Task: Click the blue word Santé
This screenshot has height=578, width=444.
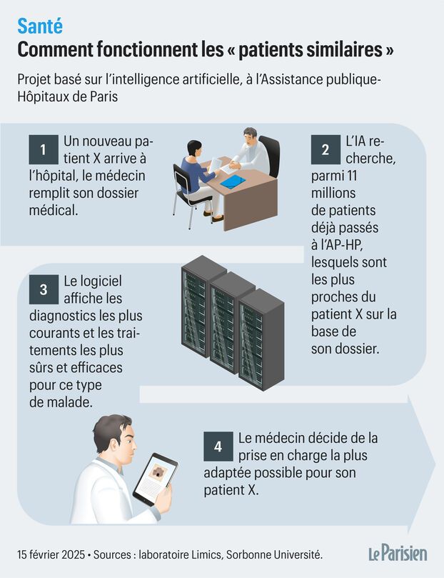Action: pos(40,26)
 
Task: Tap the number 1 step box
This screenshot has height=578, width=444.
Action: pos(44,149)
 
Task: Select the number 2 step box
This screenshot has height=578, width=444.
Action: pos(326,149)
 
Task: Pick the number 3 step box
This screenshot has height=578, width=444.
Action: pos(44,289)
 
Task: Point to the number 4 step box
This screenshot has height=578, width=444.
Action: pos(218,447)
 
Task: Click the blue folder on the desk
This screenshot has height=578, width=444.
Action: pos(233,181)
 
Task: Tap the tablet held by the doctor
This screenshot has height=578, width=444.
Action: pos(156,479)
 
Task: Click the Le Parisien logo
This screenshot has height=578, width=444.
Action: pos(398,554)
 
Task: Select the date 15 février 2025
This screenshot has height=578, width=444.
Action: pos(51,554)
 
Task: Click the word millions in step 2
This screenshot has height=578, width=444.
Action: pos(333,193)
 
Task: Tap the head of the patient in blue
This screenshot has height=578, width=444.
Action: pos(194,148)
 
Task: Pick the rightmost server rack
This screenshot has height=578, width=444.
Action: pos(261,339)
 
